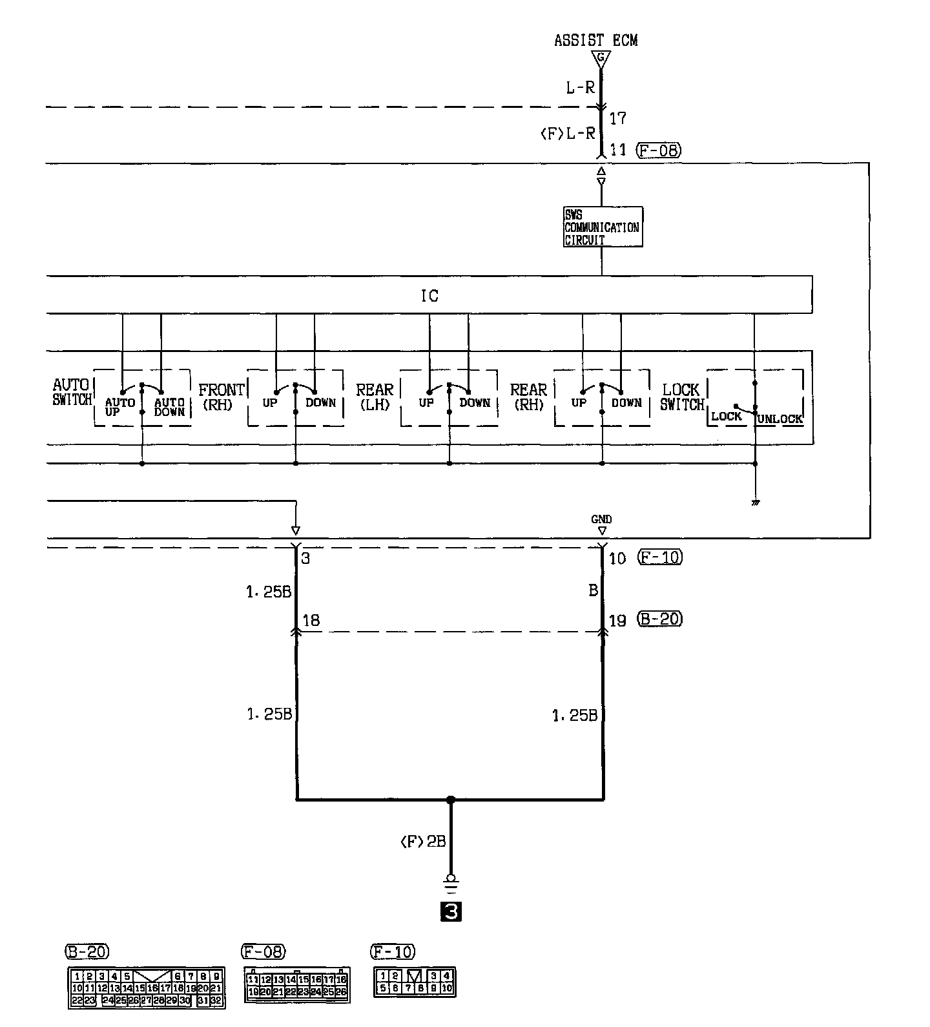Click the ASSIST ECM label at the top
point(595,40)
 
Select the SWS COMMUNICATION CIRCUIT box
point(602,227)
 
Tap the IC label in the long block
point(429,296)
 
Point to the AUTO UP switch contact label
point(119,407)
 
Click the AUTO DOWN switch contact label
point(169,407)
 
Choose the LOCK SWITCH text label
point(681,397)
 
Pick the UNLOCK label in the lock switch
point(780,419)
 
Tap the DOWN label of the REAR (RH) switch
point(626,402)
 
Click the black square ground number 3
point(450,911)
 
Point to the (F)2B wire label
point(423,842)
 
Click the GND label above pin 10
point(601,519)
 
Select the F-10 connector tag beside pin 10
point(659,557)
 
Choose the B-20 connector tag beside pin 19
point(659,619)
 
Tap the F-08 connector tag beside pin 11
point(658,150)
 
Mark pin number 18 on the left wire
point(311,620)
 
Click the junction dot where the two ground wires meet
point(451,800)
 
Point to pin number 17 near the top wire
point(617,118)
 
